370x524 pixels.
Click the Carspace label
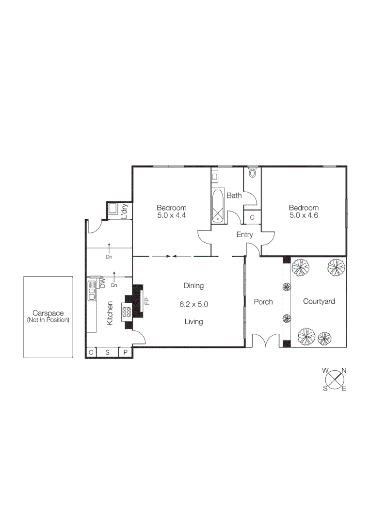48,313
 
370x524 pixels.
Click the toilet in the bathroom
252,172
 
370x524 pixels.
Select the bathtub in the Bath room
218,206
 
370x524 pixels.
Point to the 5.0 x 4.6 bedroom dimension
304,214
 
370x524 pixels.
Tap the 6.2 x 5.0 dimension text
193,304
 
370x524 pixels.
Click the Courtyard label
319,301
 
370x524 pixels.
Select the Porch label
263,302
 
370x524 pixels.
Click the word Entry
244,235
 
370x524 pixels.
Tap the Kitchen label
110,313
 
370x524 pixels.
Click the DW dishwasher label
102,282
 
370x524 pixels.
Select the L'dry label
124,211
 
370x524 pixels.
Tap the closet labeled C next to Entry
252,217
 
